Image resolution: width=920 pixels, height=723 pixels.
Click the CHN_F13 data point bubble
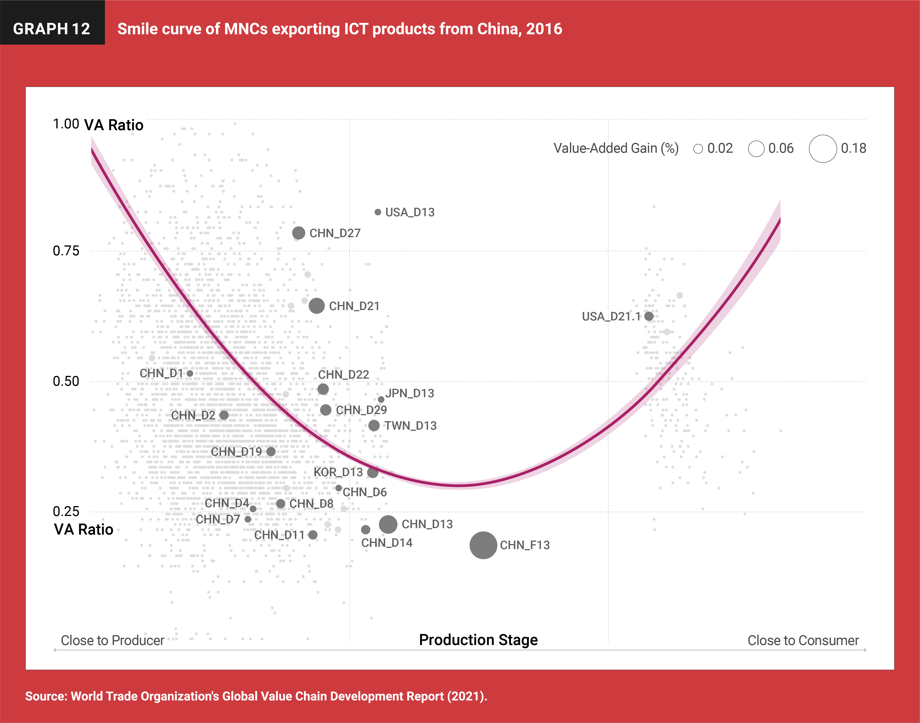click(483, 545)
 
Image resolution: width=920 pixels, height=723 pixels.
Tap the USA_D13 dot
click(378, 212)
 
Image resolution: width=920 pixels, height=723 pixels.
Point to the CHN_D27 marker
click(298, 233)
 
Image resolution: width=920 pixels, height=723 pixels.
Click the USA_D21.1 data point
click(649, 316)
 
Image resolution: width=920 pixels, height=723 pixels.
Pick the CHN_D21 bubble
click(317, 306)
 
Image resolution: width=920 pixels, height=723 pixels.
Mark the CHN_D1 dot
click(190, 373)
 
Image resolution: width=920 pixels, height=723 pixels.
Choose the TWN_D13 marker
click(374, 425)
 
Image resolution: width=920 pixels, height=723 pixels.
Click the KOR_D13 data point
click(373, 472)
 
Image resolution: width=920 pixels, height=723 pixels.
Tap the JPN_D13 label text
click(410, 393)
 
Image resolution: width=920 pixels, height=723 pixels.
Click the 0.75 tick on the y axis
click(66, 251)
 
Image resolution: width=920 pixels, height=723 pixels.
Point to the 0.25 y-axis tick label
click(66, 511)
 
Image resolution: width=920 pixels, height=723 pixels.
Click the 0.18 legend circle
click(823, 149)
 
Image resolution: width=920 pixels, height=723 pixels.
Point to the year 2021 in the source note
click(465, 696)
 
